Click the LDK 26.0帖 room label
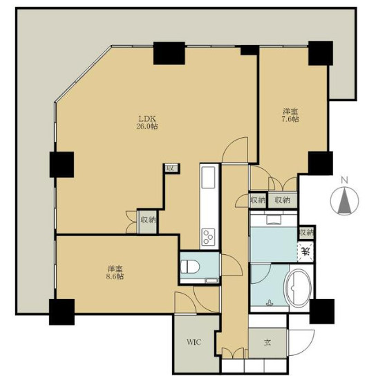pyautogui.click(x=147, y=123)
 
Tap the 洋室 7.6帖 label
pyautogui.click(x=291, y=115)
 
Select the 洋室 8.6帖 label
pyautogui.click(x=115, y=272)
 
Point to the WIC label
pyautogui.click(x=194, y=342)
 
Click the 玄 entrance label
pyautogui.click(x=267, y=343)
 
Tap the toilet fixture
pyautogui.click(x=190, y=267)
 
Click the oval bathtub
pyautogui.click(x=297, y=289)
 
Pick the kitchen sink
pyautogui.click(x=208, y=177)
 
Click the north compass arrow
pyautogui.click(x=344, y=201)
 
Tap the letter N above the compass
pyautogui.click(x=344, y=180)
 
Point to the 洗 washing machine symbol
pyautogui.click(x=305, y=251)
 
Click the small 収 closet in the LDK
pyautogui.click(x=171, y=168)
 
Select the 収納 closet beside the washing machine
pyautogui.click(x=306, y=233)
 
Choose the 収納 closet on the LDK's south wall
pyautogui.click(x=147, y=221)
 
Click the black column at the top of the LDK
pyautogui.click(x=169, y=53)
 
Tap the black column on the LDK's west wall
pyautogui.click(x=62, y=165)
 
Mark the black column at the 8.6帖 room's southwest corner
pyautogui.click(x=62, y=312)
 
